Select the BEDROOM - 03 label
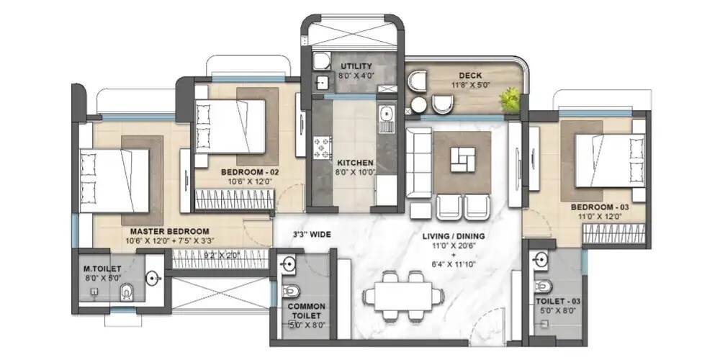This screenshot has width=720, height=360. pyautogui.click(x=600, y=207)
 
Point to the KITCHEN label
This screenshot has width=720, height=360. pyautogui.click(x=355, y=163)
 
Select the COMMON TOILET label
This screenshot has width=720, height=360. pyautogui.click(x=307, y=311)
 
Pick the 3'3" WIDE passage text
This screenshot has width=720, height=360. pyautogui.click(x=311, y=234)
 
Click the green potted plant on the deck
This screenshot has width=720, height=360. pyautogui.click(x=510, y=98)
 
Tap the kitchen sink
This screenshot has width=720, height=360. pyautogui.click(x=387, y=114)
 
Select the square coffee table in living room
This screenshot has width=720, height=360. pyautogui.click(x=462, y=158)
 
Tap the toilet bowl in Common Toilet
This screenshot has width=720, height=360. pyautogui.click(x=292, y=291)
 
